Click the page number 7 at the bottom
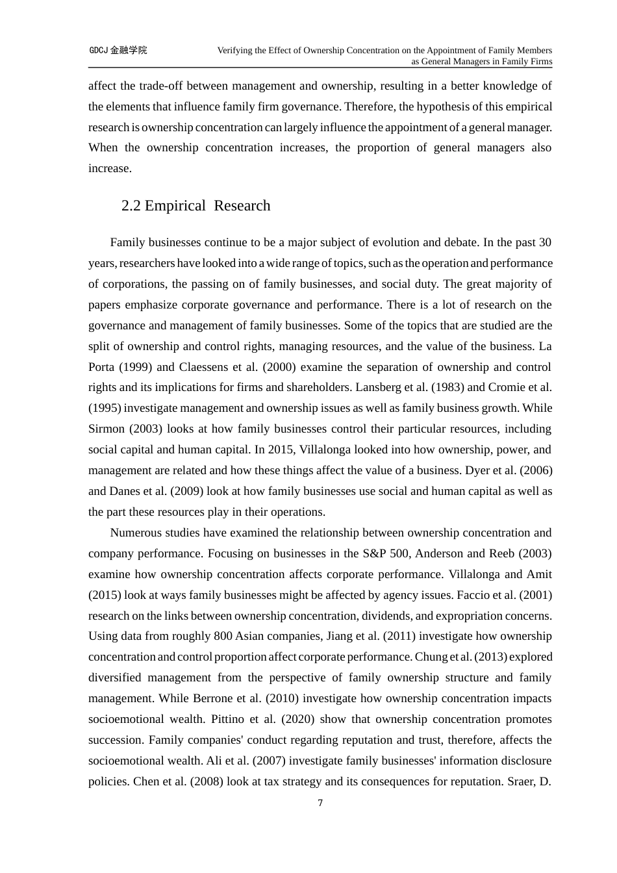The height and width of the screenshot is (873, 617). (320, 803)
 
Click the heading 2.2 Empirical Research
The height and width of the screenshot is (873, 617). (195, 206)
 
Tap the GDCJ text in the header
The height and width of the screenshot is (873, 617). (99, 50)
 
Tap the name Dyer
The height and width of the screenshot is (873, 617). (479, 471)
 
